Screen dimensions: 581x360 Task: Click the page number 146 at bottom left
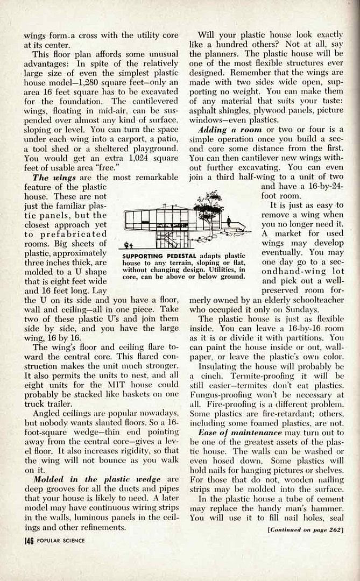(28, 540)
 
